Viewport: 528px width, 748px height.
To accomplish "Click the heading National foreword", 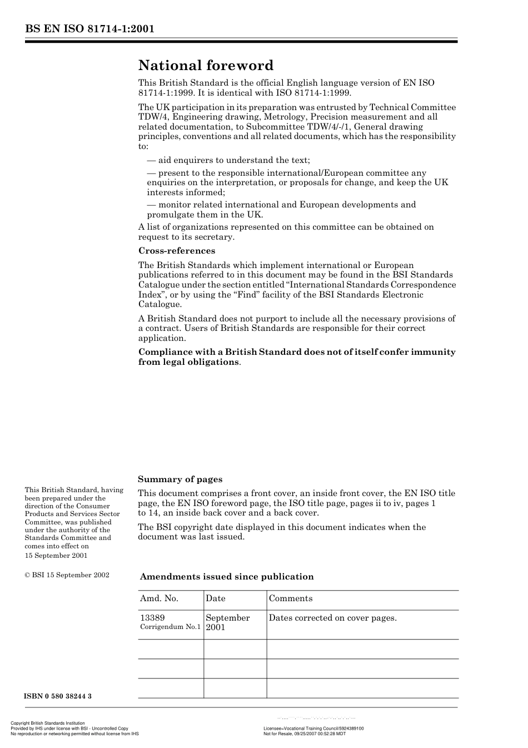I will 206,66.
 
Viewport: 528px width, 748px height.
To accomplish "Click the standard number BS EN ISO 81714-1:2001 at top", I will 89,29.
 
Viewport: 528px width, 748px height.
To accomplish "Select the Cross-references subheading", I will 177,251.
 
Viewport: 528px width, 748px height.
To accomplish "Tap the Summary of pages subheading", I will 180,479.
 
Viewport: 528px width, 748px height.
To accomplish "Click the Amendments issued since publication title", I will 227,577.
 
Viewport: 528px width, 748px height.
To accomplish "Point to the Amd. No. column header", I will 159,599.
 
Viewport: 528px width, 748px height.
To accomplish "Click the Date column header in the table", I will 216,599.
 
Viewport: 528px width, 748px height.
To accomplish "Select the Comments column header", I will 291,599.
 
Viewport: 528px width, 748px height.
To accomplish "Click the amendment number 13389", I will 152,618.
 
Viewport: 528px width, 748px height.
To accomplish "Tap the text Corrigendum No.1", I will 170,627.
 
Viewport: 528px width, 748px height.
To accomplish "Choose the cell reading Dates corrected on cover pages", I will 332,618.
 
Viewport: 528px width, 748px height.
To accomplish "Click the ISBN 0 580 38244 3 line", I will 58,696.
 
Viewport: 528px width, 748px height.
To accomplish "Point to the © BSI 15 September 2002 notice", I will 67,575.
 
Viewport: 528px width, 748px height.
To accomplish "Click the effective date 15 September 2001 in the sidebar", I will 56,556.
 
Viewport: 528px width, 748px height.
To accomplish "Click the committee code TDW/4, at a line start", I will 152,117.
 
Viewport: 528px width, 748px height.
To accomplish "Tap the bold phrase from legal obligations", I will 189,362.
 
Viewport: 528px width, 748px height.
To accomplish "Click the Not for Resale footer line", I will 305,734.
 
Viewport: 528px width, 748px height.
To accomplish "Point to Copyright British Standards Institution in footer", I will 48,723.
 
